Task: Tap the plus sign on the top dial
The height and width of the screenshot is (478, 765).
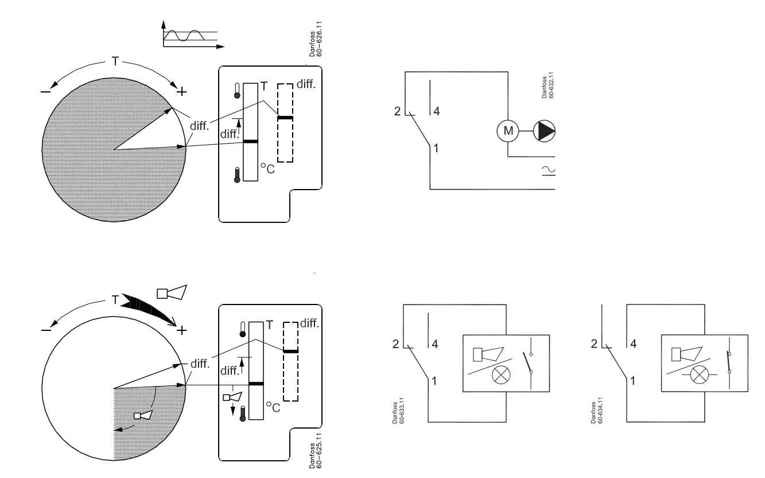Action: (181, 91)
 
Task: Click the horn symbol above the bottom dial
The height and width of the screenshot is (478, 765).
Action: (172, 292)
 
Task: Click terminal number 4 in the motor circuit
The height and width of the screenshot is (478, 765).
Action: (436, 111)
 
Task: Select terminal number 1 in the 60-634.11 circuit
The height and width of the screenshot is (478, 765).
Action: (633, 380)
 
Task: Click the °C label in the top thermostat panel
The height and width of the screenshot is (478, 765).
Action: (267, 168)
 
